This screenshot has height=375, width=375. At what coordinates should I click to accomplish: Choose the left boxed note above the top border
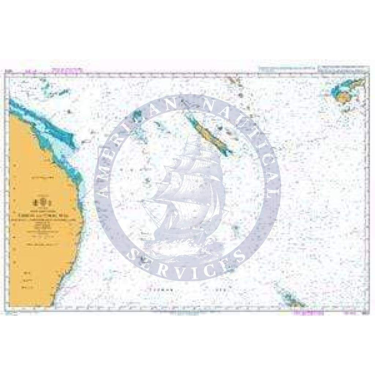tap(287, 69)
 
